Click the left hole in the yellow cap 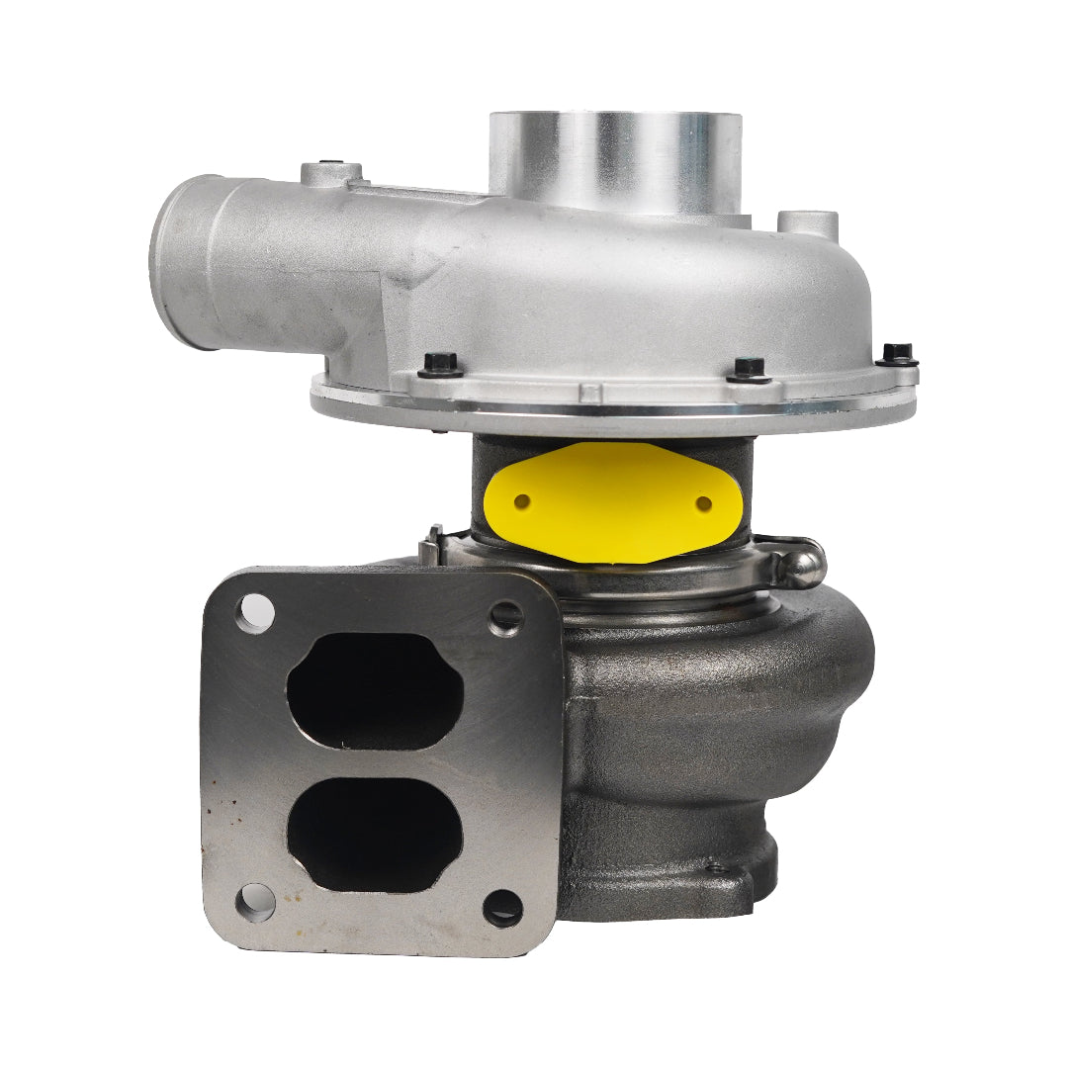(521, 501)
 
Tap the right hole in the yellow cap (703, 503)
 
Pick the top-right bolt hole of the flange (506, 617)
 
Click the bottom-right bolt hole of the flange (503, 906)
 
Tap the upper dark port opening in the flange (375, 690)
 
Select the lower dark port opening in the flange (375, 836)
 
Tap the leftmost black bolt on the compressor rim (441, 364)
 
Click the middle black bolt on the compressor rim (749, 369)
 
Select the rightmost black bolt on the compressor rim (897, 353)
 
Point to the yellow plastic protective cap (613, 502)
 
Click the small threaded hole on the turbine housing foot (711, 870)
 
